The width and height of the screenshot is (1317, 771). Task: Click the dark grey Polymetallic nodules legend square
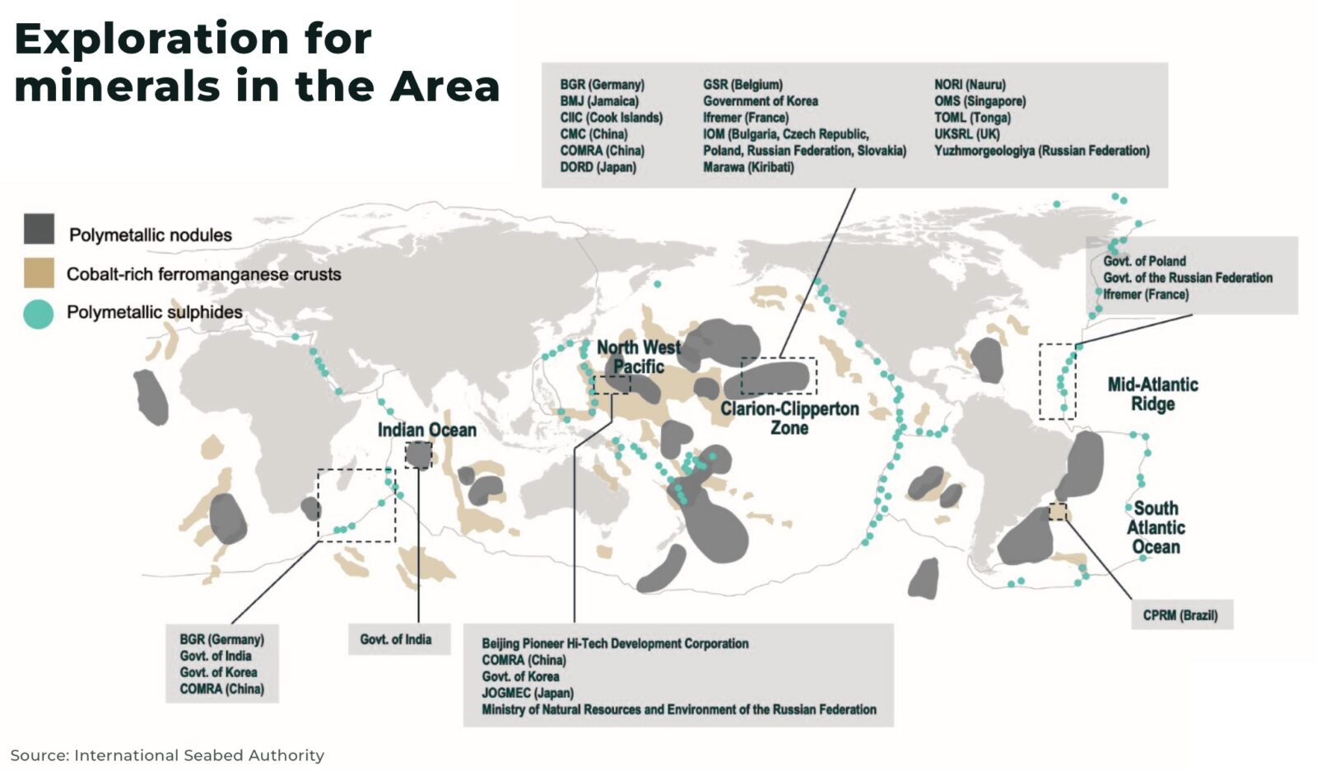click(x=39, y=229)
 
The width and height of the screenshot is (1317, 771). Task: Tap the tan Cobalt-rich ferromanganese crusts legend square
click(x=39, y=273)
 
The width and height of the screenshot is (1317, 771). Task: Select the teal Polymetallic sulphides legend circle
click(x=38, y=314)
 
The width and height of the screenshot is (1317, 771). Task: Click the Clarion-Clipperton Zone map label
click(x=789, y=418)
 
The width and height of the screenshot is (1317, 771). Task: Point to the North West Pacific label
click(x=638, y=357)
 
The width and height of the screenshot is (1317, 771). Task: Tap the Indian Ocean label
click(x=426, y=430)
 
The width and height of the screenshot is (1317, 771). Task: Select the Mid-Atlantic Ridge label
click(x=1152, y=394)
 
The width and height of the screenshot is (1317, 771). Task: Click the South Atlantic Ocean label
click(x=1156, y=527)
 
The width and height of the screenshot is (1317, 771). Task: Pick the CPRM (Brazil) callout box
click(x=1180, y=615)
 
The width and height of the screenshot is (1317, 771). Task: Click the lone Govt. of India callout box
click(x=396, y=639)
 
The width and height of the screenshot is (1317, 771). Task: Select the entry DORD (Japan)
click(x=598, y=167)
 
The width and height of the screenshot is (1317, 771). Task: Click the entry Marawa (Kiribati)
click(x=748, y=167)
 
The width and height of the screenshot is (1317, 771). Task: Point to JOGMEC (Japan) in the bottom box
click(x=528, y=693)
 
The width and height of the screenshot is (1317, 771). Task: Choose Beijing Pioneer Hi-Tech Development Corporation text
click(x=615, y=643)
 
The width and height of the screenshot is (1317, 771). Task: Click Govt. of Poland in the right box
click(x=1144, y=261)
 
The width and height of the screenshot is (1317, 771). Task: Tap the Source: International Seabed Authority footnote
click(x=167, y=755)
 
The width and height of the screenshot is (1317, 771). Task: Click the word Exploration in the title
click(x=152, y=39)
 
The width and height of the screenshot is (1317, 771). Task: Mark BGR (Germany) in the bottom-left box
click(x=221, y=639)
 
